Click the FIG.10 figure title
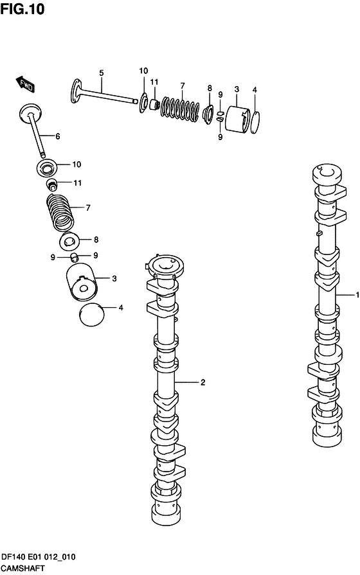click(22, 8)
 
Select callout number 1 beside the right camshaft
click(357, 294)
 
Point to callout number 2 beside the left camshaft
click(203, 382)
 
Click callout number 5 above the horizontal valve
click(102, 73)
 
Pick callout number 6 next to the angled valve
click(58, 136)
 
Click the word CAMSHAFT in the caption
click(22, 569)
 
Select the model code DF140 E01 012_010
click(38, 557)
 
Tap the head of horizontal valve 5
click(76, 90)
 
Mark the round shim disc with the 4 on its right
click(92, 315)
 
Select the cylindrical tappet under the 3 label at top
click(237, 118)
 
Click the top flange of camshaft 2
click(165, 267)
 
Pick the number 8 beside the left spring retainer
click(96, 240)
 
